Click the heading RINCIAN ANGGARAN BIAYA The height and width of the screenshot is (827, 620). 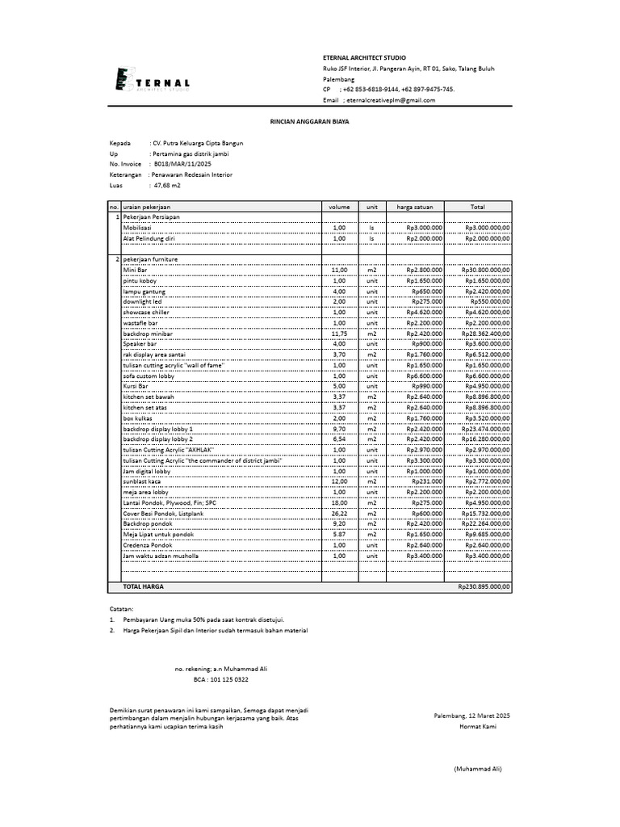click(309, 120)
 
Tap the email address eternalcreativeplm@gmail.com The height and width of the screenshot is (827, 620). click(392, 100)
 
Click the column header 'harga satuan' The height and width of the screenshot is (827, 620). click(415, 208)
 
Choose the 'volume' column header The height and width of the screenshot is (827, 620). click(339, 208)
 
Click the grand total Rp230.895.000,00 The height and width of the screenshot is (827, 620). click(484, 587)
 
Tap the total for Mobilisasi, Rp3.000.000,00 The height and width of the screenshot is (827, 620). click(487, 229)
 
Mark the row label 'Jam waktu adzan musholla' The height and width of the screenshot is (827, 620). click(160, 556)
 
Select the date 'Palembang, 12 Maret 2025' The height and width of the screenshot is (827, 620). click(471, 716)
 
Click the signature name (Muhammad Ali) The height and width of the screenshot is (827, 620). click(477, 769)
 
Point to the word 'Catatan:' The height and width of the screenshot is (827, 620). click(122, 607)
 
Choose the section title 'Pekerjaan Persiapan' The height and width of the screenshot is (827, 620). click(151, 218)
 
